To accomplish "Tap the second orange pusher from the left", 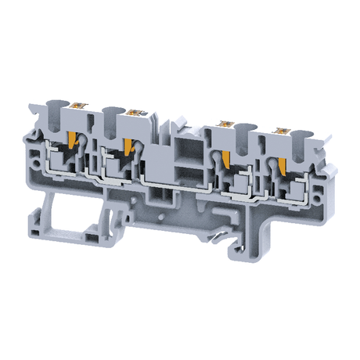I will (x=126, y=145).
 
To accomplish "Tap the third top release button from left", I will (x=229, y=121).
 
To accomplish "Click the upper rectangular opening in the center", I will (x=186, y=149).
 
